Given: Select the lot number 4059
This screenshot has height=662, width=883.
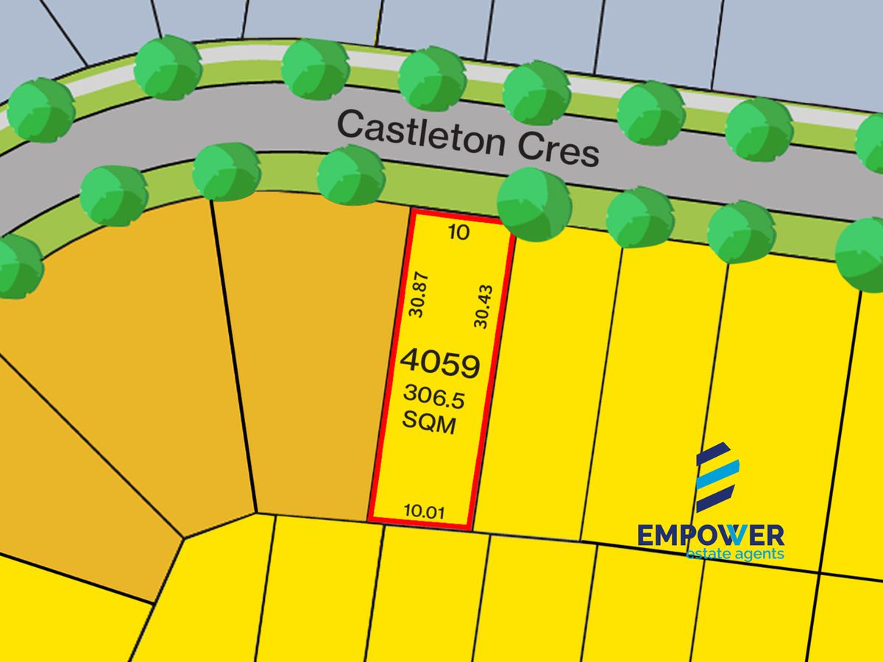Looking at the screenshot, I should (x=440, y=364).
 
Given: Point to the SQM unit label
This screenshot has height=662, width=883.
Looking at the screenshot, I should (x=430, y=424).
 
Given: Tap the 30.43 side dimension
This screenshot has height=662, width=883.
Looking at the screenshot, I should (x=483, y=306).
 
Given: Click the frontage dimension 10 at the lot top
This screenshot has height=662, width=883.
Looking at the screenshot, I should (x=458, y=233).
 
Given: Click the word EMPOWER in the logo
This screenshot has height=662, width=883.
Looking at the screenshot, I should (x=711, y=534).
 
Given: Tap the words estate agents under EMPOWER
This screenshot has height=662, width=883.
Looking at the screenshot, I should (x=734, y=553).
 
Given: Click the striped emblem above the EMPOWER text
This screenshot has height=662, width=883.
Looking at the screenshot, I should (x=717, y=477).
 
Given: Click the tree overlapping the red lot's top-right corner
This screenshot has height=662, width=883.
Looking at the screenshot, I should (x=534, y=204).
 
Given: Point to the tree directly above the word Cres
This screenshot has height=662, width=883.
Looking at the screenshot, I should (x=537, y=93).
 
